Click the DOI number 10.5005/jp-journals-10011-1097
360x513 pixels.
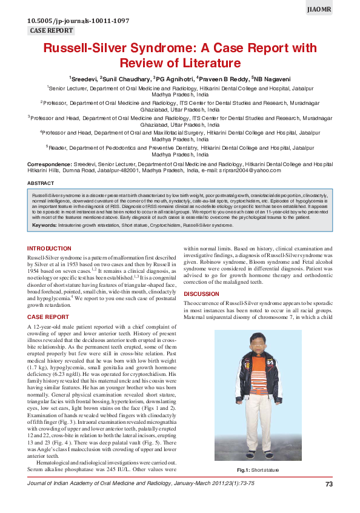pyautogui.click(x=78, y=21)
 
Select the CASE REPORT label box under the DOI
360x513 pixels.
pyautogui.click(x=52, y=30)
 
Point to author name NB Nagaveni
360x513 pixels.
pyautogui.click(x=272, y=78)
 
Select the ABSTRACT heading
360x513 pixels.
pyautogui.click(x=41, y=183)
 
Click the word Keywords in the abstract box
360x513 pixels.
pyautogui.click(x=44, y=225)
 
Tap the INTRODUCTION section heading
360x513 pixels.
pyautogui.click(x=49, y=249)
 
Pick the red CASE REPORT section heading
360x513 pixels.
pyautogui.click(x=48, y=317)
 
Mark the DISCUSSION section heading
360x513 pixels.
pyautogui.click(x=201, y=294)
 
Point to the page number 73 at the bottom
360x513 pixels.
pyautogui.click(x=329, y=484)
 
